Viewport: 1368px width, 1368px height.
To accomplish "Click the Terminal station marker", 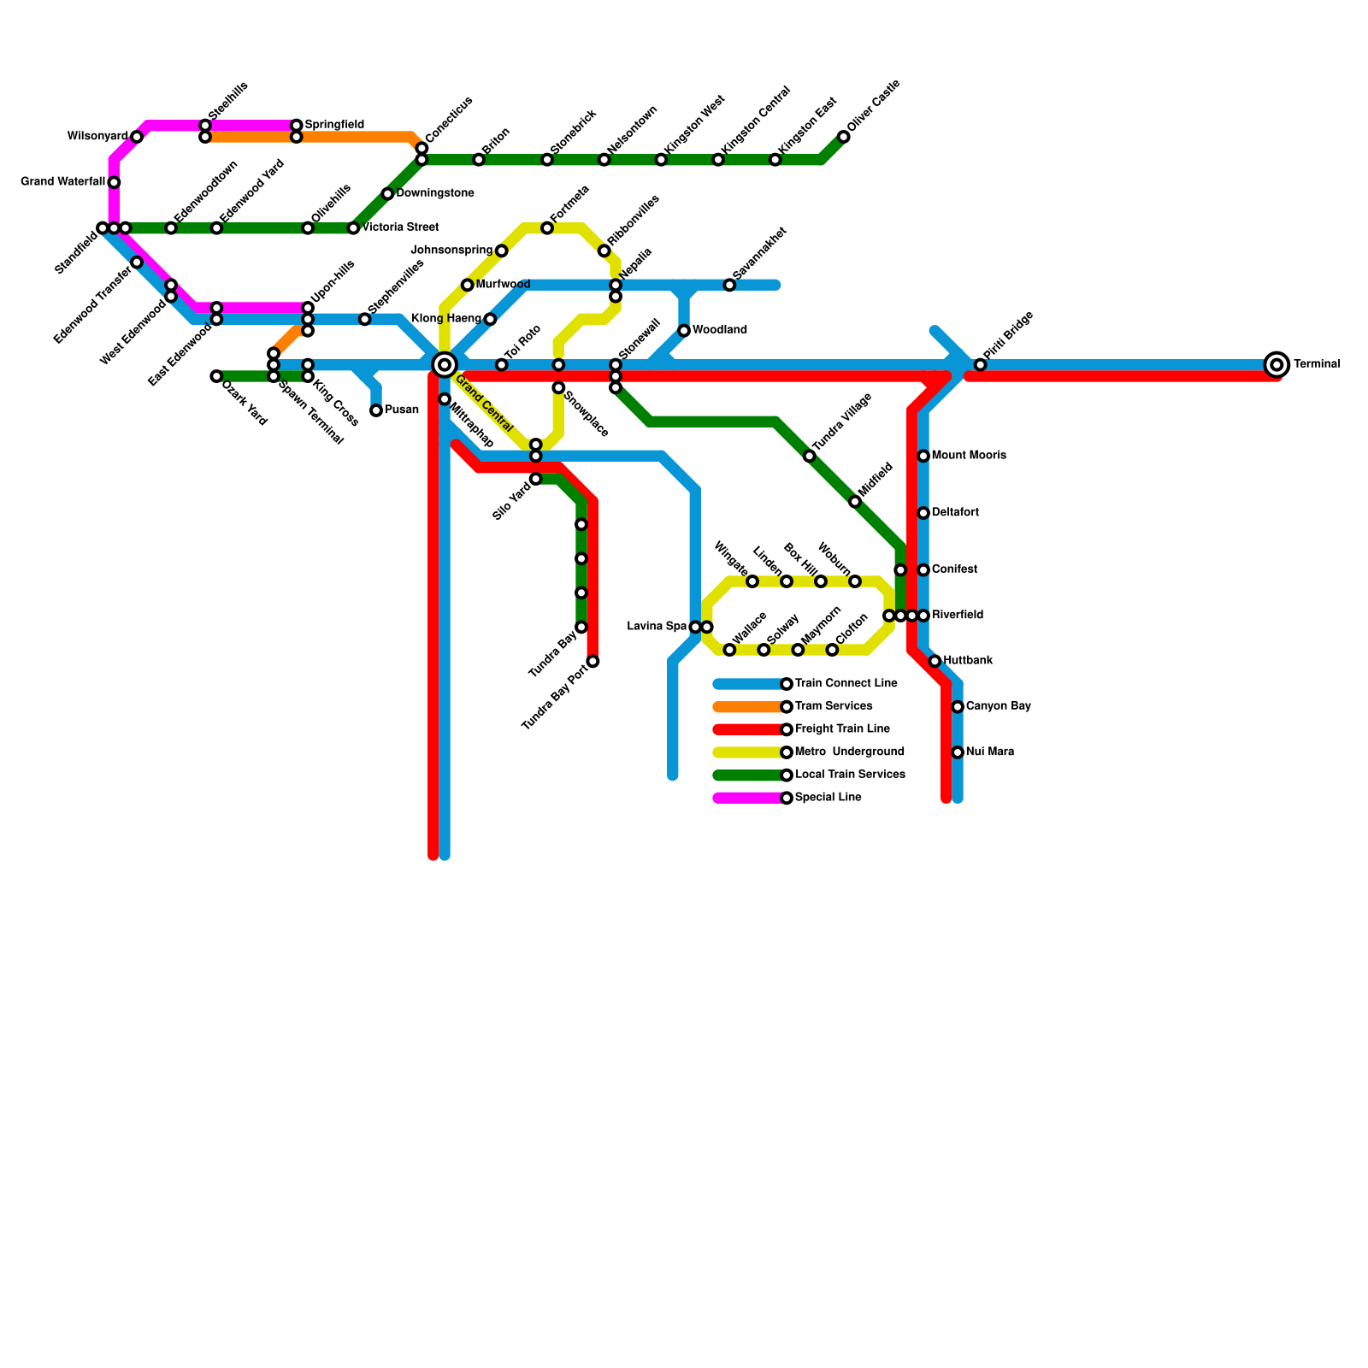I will click(x=1277, y=365).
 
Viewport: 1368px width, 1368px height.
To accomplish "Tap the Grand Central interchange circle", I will click(x=445, y=365).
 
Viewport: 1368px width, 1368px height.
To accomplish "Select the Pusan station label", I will click(x=401, y=410).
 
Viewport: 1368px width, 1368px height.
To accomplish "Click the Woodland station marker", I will click(x=684, y=331).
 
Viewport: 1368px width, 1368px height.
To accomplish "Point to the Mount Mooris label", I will click(x=968, y=456).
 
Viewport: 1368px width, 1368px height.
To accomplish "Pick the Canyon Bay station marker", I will click(x=958, y=707).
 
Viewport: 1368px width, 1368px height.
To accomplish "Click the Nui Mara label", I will click(x=989, y=752).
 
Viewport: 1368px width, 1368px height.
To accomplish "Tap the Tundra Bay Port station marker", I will click(x=593, y=662).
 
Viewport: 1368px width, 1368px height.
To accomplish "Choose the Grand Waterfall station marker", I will click(x=114, y=182).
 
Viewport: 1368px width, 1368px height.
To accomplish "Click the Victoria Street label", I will click(x=400, y=227).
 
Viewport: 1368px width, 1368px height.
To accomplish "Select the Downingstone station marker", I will click(x=387, y=194).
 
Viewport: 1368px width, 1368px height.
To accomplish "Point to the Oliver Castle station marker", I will click(x=844, y=137).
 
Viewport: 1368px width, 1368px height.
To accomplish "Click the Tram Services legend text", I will click(x=834, y=706).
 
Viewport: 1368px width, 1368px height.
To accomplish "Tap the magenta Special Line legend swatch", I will click(x=748, y=798).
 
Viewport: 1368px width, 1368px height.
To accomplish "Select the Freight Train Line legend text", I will click(x=842, y=729).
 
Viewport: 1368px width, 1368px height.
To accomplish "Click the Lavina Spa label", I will click(x=657, y=627).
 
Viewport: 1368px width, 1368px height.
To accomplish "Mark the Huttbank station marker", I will click(x=935, y=661).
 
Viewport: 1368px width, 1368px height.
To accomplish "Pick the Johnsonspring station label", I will click(x=451, y=251).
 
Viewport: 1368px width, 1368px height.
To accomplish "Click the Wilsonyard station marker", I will click(x=137, y=137).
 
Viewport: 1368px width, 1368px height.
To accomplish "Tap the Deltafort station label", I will click(x=955, y=513).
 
